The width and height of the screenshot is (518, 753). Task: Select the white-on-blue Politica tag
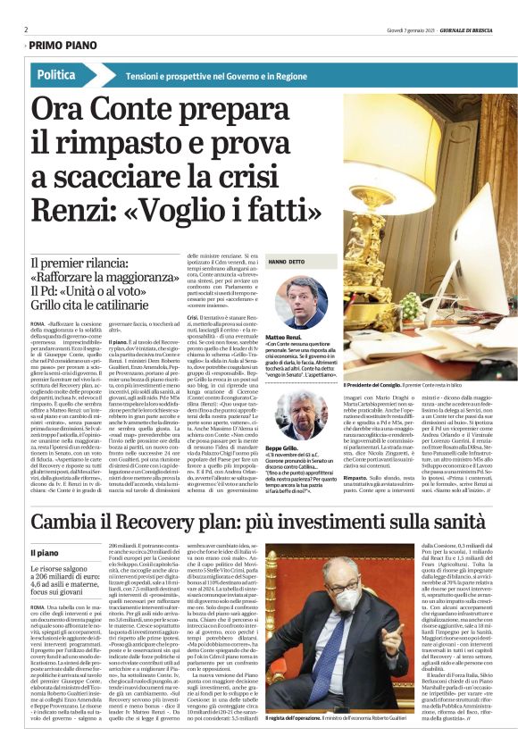click(x=57, y=75)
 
